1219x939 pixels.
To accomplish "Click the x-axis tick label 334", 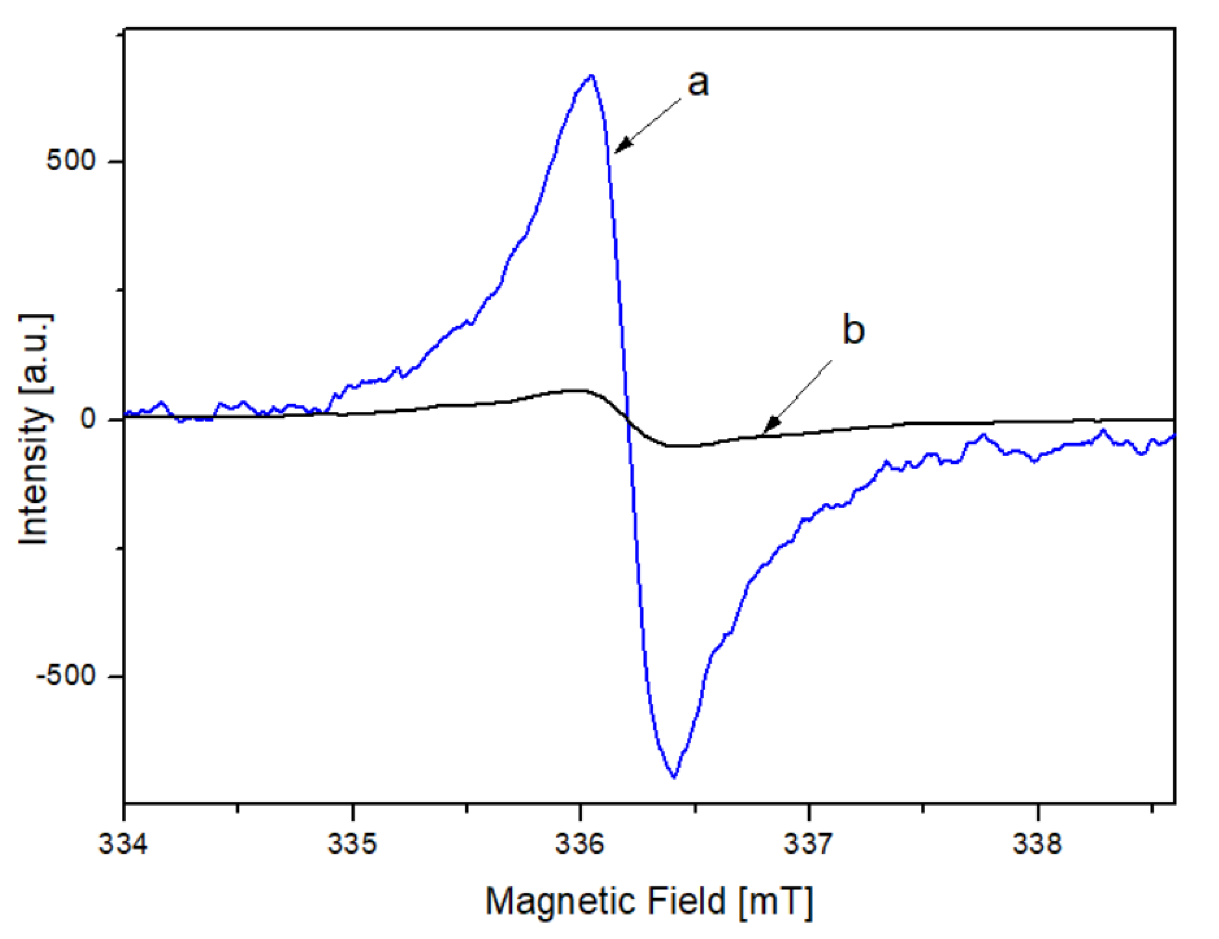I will pyautogui.click(x=123, y=844).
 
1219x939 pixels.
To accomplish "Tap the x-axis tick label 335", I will pyautogui.click(x=352, y=844).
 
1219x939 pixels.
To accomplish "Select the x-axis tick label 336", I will pyautogui.click(x=580, y=844).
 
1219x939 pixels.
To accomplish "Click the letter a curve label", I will pyautogui.click(x=698, y=84).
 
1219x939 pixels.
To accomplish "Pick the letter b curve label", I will pyautogui.click(x=853, y=330).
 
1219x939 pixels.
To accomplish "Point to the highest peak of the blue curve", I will pyautogui.click(x=591, y=75).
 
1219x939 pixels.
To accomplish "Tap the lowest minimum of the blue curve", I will pyautogui.click(x=675, y=777).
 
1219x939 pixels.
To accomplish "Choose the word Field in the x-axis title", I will pyautogui.click(x=687, y=901).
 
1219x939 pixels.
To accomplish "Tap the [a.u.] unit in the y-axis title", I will pyautogui.click(x=34, y=354).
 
